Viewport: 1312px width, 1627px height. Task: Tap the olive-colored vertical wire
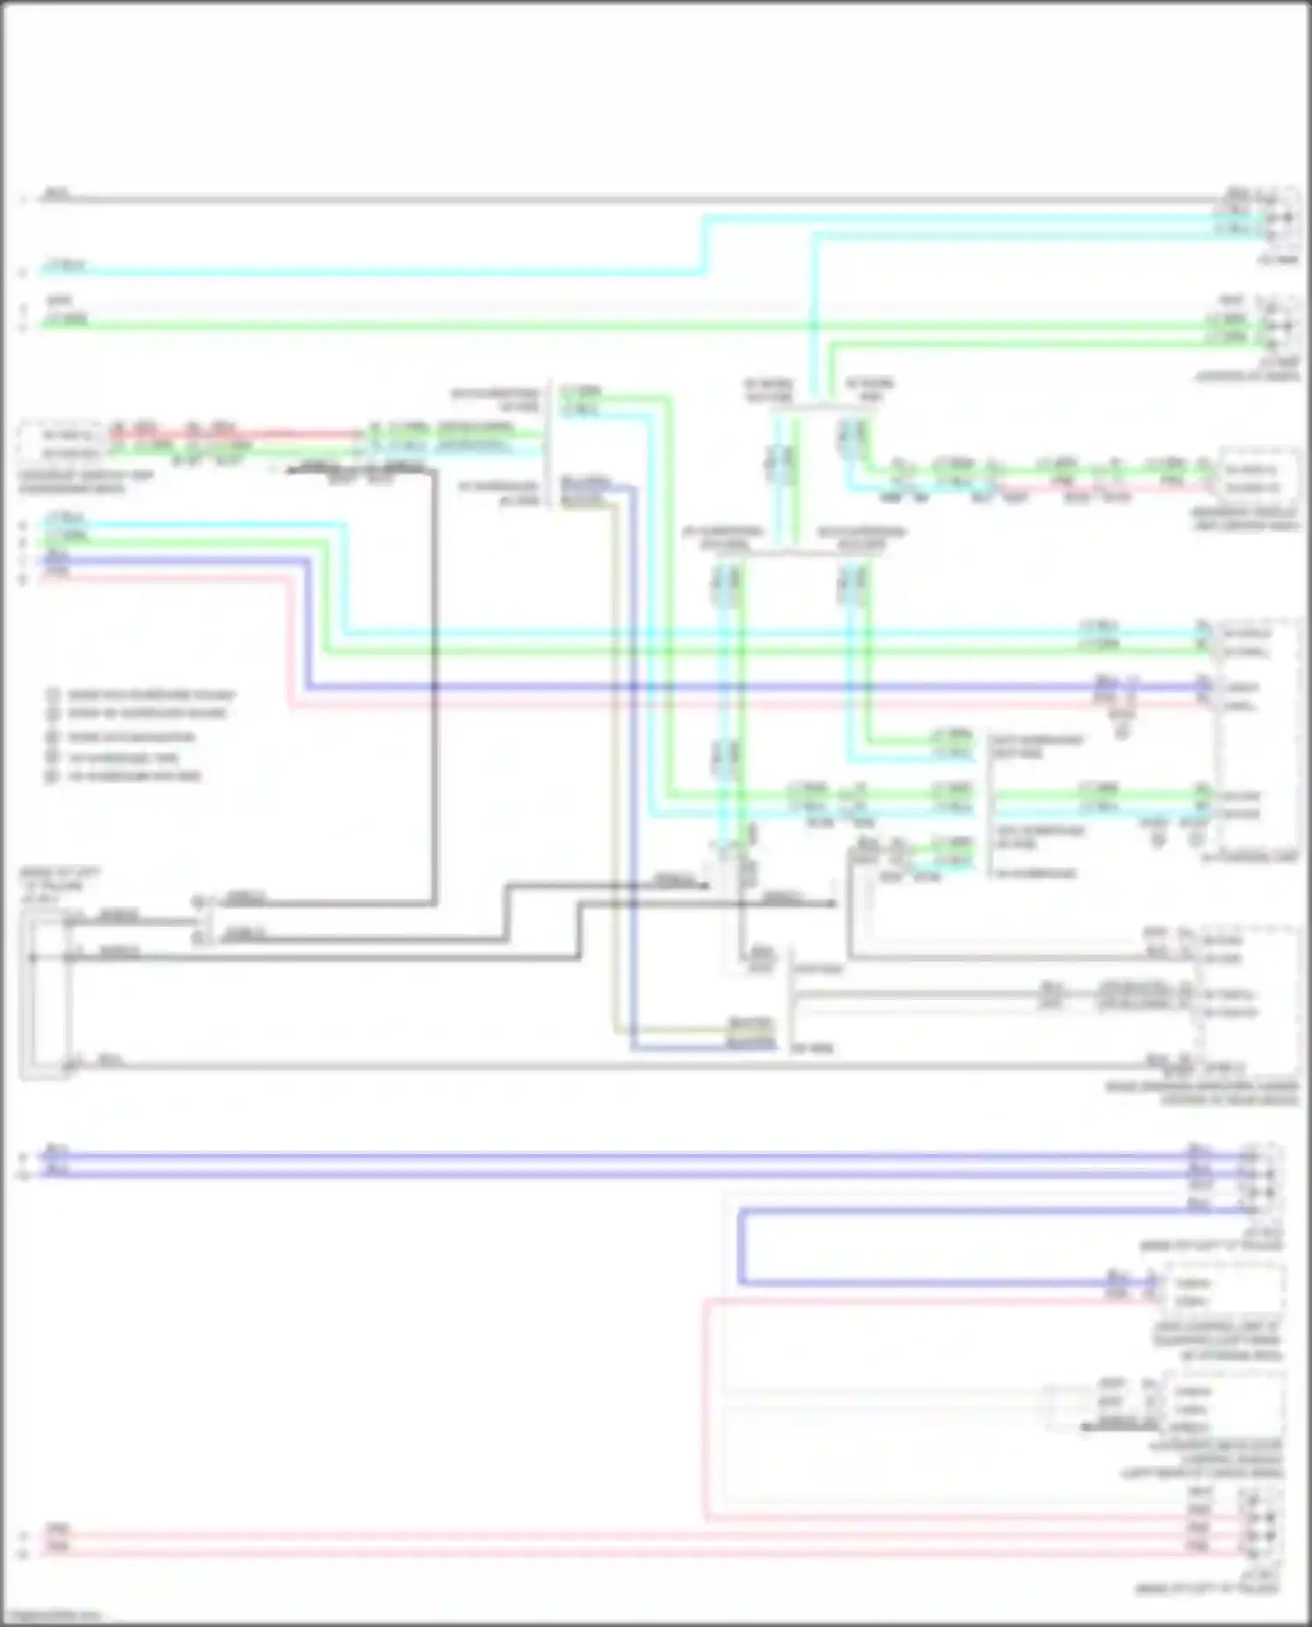click(x=614, y=761)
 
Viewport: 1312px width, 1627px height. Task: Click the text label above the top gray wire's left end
click(x=57, y=191)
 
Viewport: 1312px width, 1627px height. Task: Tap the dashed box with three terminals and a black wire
click(x=1225, y=1408)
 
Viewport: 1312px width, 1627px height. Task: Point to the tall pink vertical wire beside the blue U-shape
click(x=705, y=1408)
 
